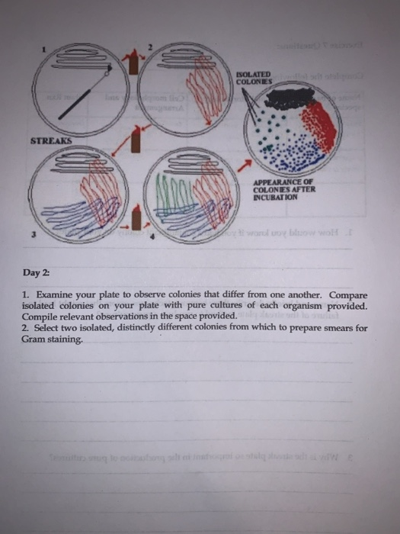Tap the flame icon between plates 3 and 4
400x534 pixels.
(x=135, y=220)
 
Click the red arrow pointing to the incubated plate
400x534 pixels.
(x=243, y=165)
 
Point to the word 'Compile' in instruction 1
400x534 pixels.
(x=43, y=317)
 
